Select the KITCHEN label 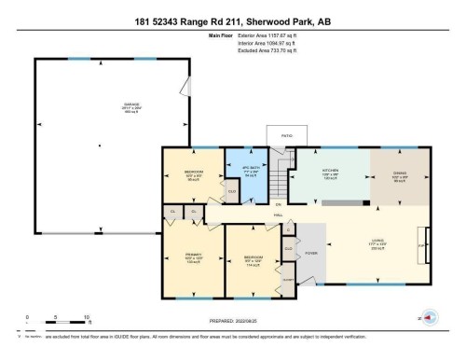(x=330, y=171)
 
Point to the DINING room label (x=398, y=171)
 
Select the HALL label (x=278, y=216)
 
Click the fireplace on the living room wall (x=428, y=245)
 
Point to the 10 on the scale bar (x=86, y=318)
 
